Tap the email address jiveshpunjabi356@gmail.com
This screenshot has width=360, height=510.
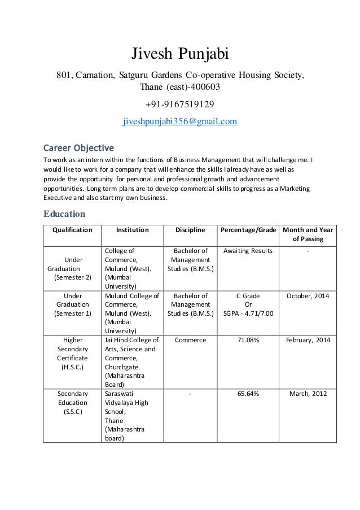(x=180, y=121)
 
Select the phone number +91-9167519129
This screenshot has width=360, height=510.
(x=180, y=104)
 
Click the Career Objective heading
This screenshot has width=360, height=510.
(x=79, y=148)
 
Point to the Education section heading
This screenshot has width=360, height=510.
(x=64, y=214)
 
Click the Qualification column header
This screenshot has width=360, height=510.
(x=72, y=230)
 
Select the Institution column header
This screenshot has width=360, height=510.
(x=132, y=230)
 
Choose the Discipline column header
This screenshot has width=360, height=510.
(x=190, y=230)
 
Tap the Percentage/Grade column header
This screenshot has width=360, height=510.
(x=248, y=230)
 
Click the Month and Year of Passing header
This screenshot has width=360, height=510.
(x=308, y=235)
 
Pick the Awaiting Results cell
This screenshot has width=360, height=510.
(x=248, y=251)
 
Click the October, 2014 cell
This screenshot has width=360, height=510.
(x=308, y=295)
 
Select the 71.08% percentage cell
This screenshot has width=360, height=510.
(x=248, y=340)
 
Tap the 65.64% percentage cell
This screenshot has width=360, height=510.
(x=248, y=394)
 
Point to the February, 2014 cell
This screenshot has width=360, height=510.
(x=308, y=340)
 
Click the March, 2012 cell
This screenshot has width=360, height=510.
(x=308, y=394)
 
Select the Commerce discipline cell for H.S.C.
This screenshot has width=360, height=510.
(x=191, y=340)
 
